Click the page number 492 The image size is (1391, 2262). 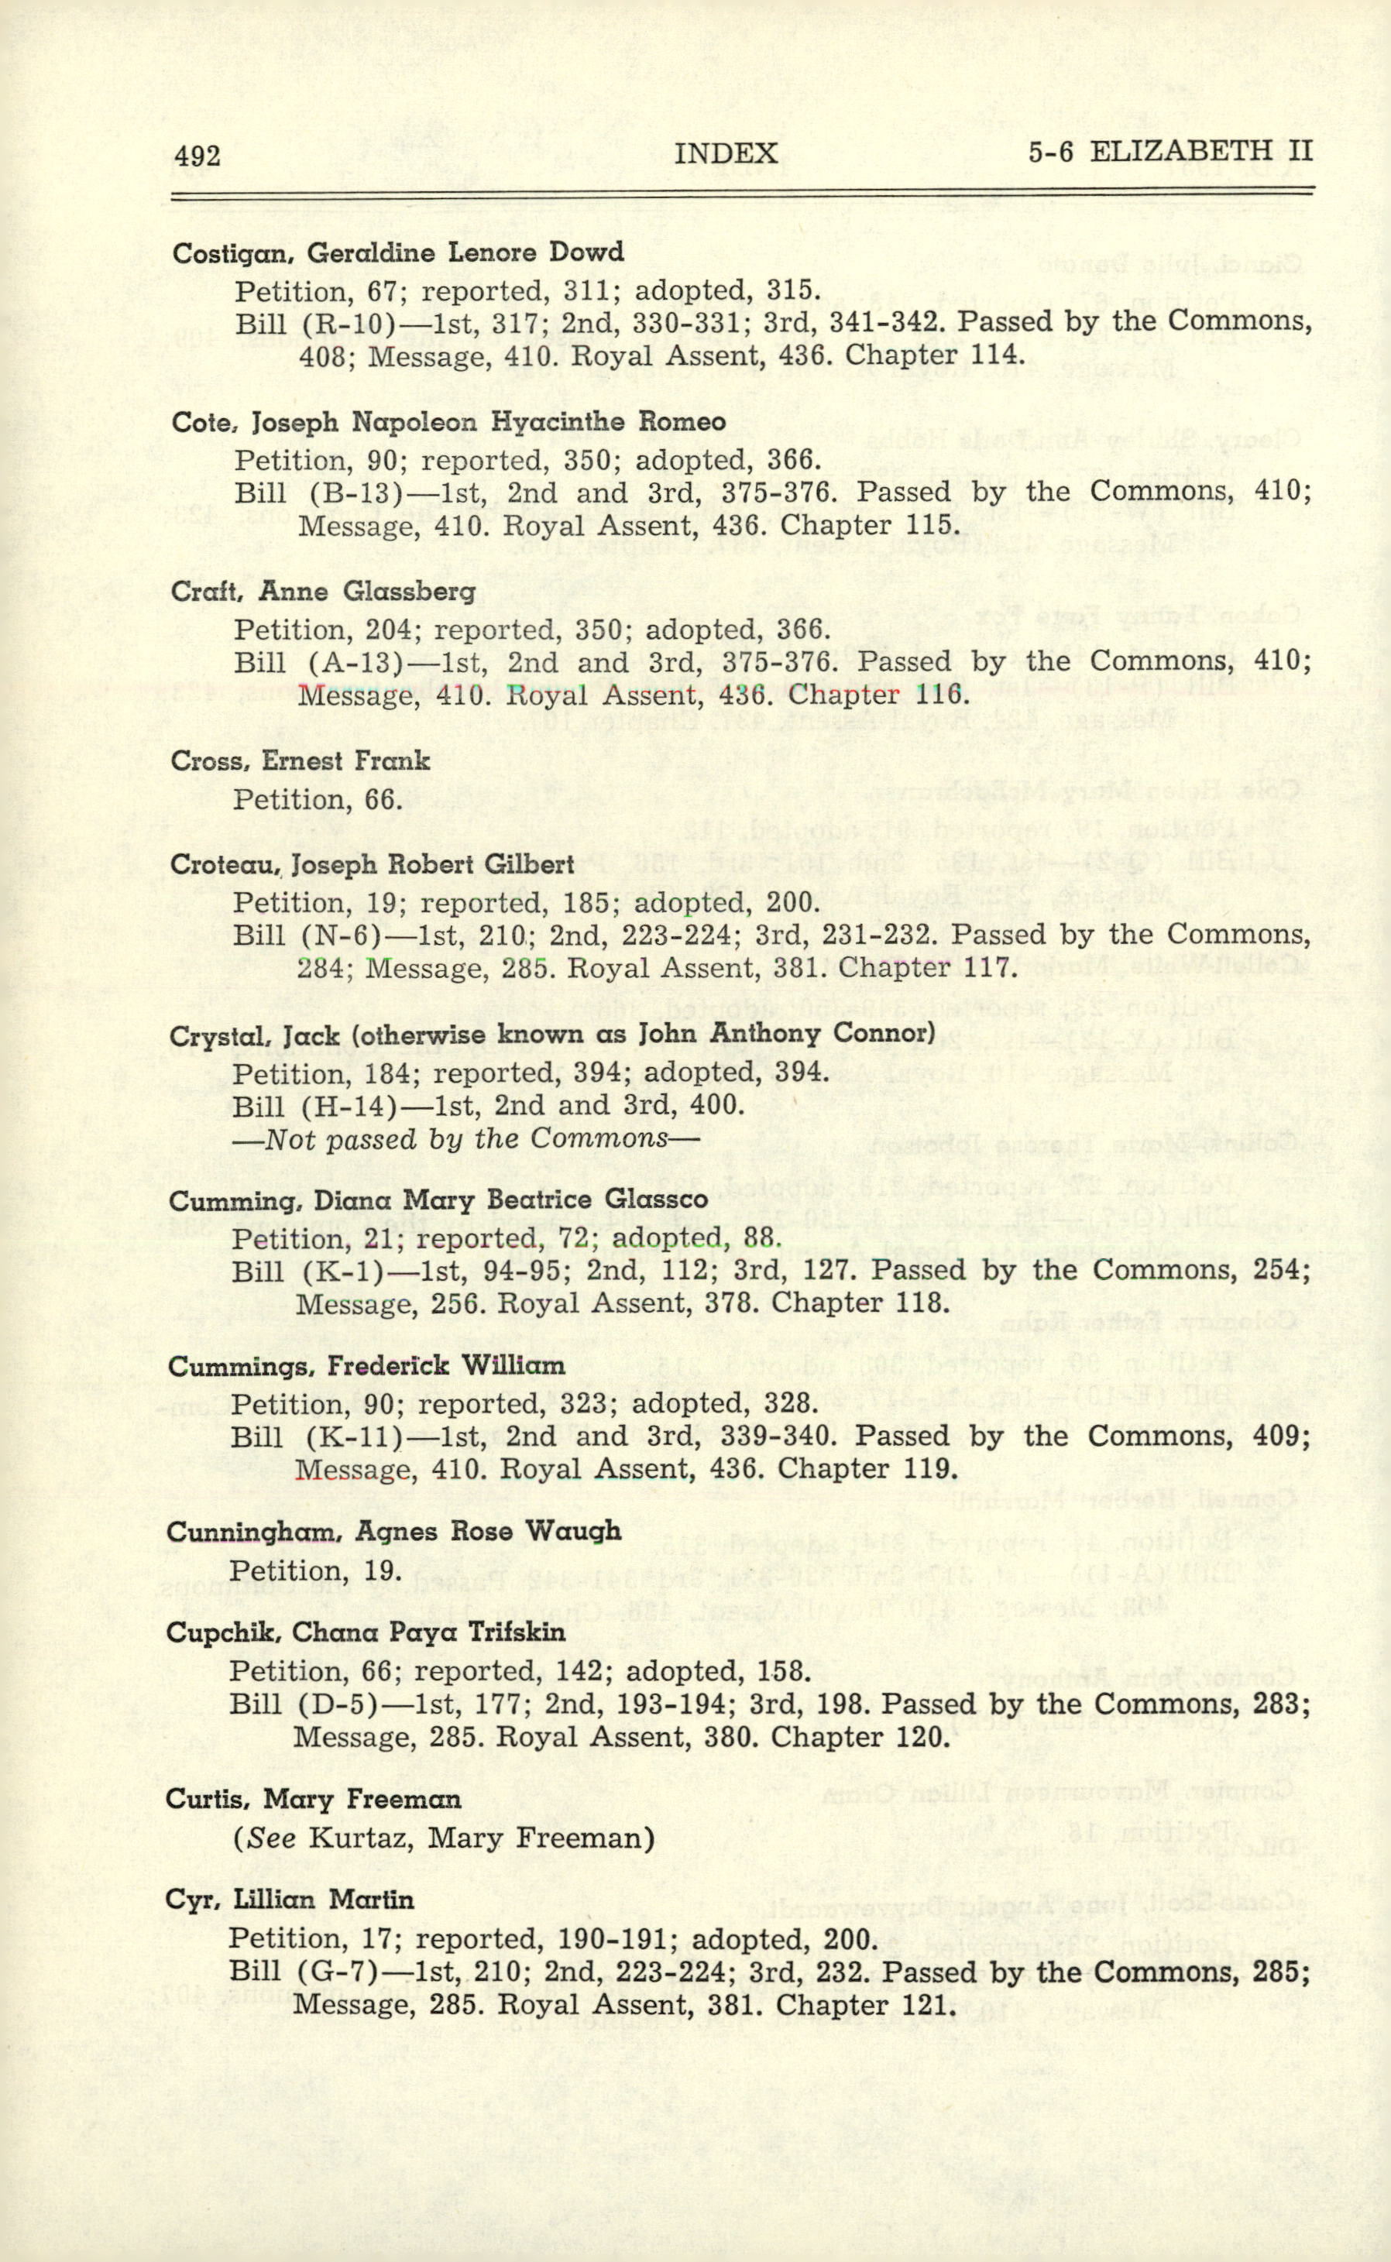pyautogui.click(x=197, y=156)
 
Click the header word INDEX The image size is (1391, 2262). pyautogui.click(x=726, y=153)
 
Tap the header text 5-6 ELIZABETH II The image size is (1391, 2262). pyautogui.click(x=1170, y=151)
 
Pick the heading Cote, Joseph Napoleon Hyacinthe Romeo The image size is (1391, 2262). pyautogui.click(x=448, y=422)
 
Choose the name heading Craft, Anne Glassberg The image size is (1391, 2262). pyautogui.click(x=323, y=592)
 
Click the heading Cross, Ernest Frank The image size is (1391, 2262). pyautogui.click(x=300, y=760)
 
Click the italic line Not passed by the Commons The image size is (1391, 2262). pyautogui.click(x=465, y=1139)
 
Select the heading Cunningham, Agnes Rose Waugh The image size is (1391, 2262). pyautogui.click(x=393, y=1532)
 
